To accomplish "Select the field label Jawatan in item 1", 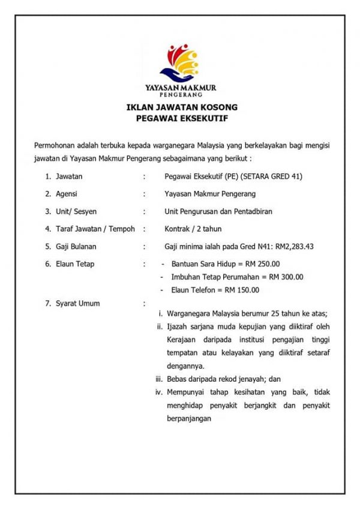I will [x=69, y=176].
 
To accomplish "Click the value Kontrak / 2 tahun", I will [x=194, y=229].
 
